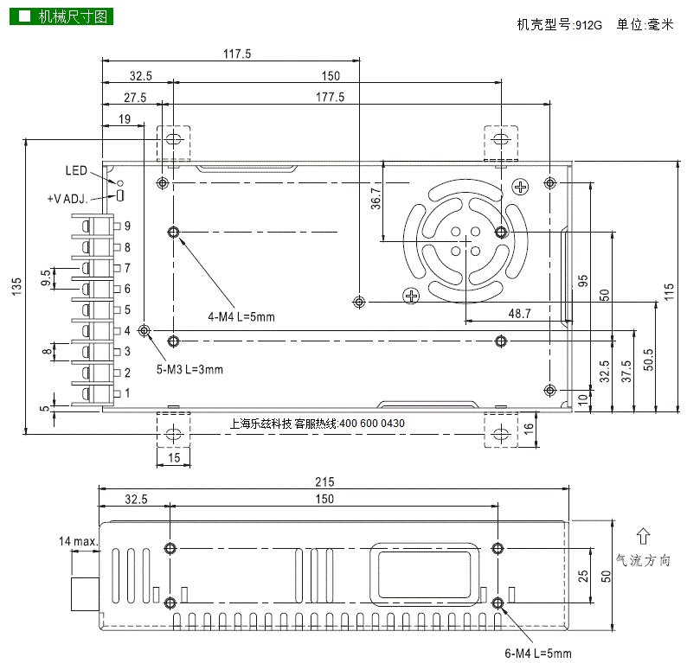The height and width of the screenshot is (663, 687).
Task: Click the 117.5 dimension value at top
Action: pos(236,54)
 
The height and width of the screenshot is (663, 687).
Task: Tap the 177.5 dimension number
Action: pos(331,98)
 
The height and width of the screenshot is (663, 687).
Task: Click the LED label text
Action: pos(76,170)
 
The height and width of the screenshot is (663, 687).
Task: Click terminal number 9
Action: pos(127,226)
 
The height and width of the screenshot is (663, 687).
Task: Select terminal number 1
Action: pos(127,393)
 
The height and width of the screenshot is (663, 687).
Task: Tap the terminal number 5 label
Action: pos(127,309)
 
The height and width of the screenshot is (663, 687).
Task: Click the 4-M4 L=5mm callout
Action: pos(241,316)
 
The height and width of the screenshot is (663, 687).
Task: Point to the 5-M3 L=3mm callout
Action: pos(189,369)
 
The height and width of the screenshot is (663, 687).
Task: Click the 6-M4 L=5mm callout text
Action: pos(537,653)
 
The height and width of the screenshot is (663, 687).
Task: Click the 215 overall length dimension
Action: pos(324,482)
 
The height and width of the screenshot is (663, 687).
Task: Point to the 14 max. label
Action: pos(78,541)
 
